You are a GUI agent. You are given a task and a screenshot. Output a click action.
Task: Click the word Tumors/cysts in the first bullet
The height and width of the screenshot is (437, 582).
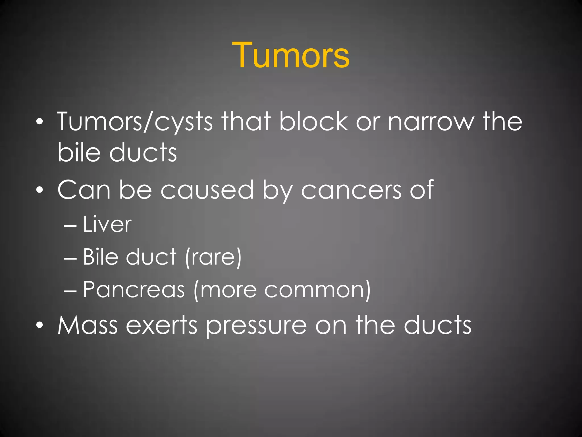(135, 121)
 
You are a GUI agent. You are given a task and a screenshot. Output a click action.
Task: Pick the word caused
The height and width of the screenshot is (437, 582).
(207, 190)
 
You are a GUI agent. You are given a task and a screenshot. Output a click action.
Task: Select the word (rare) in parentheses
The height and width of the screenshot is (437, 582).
(213, 257)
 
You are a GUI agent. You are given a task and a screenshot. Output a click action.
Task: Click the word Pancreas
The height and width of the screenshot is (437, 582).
(134, 290)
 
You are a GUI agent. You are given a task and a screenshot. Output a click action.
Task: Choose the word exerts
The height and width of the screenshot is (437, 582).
(161, 325)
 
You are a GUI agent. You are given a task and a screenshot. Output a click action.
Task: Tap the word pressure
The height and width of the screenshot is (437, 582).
(256, 326)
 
